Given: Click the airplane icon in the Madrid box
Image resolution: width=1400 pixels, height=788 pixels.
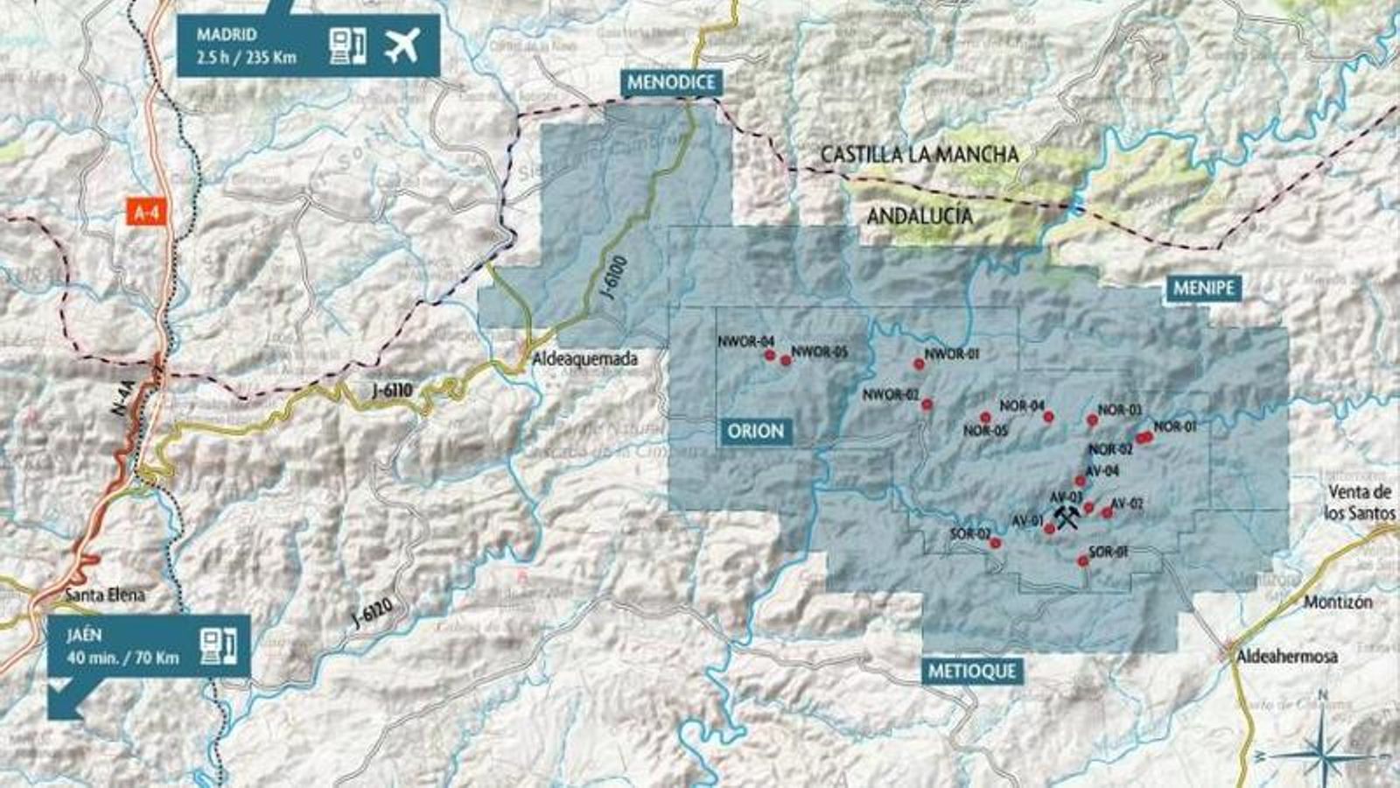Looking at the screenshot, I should click(x=402, y=46).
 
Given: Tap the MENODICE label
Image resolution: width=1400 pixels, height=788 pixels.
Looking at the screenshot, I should click(x=671, y=82).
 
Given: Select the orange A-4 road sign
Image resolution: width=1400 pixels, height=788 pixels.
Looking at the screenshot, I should click(x=146, y=213).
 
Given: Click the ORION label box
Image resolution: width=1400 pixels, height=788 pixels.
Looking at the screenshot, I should click(x=756, y=431).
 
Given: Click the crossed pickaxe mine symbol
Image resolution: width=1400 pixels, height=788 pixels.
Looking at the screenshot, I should click(x=1066, y=517).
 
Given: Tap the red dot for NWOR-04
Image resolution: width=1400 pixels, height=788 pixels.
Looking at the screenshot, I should click(x=770, y=355).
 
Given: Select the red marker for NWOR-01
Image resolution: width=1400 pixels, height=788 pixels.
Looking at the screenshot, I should click(x=919, y=364).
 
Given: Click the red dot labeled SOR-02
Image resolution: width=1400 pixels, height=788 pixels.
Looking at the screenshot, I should click(x=995, y=544).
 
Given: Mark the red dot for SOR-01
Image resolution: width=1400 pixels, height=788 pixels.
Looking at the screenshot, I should click(x=1083, y=560).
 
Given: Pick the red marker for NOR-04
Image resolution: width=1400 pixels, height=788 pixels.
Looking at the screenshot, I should click(x=1048, y=417).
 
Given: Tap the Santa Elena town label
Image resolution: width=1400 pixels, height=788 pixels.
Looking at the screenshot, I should click(x=105, y=595).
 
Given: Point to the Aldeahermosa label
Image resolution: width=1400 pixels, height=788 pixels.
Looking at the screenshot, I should click(x=1286, y=656).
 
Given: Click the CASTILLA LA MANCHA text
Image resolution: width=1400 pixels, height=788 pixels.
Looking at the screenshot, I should click(x=919, y=155).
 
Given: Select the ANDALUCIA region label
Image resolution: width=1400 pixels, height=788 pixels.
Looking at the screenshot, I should click(x=919, y=215).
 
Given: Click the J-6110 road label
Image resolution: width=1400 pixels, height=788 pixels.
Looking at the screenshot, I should click(x=391, y=390).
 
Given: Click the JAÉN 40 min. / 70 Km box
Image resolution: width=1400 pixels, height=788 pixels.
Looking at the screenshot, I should click(x=149, y=646).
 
